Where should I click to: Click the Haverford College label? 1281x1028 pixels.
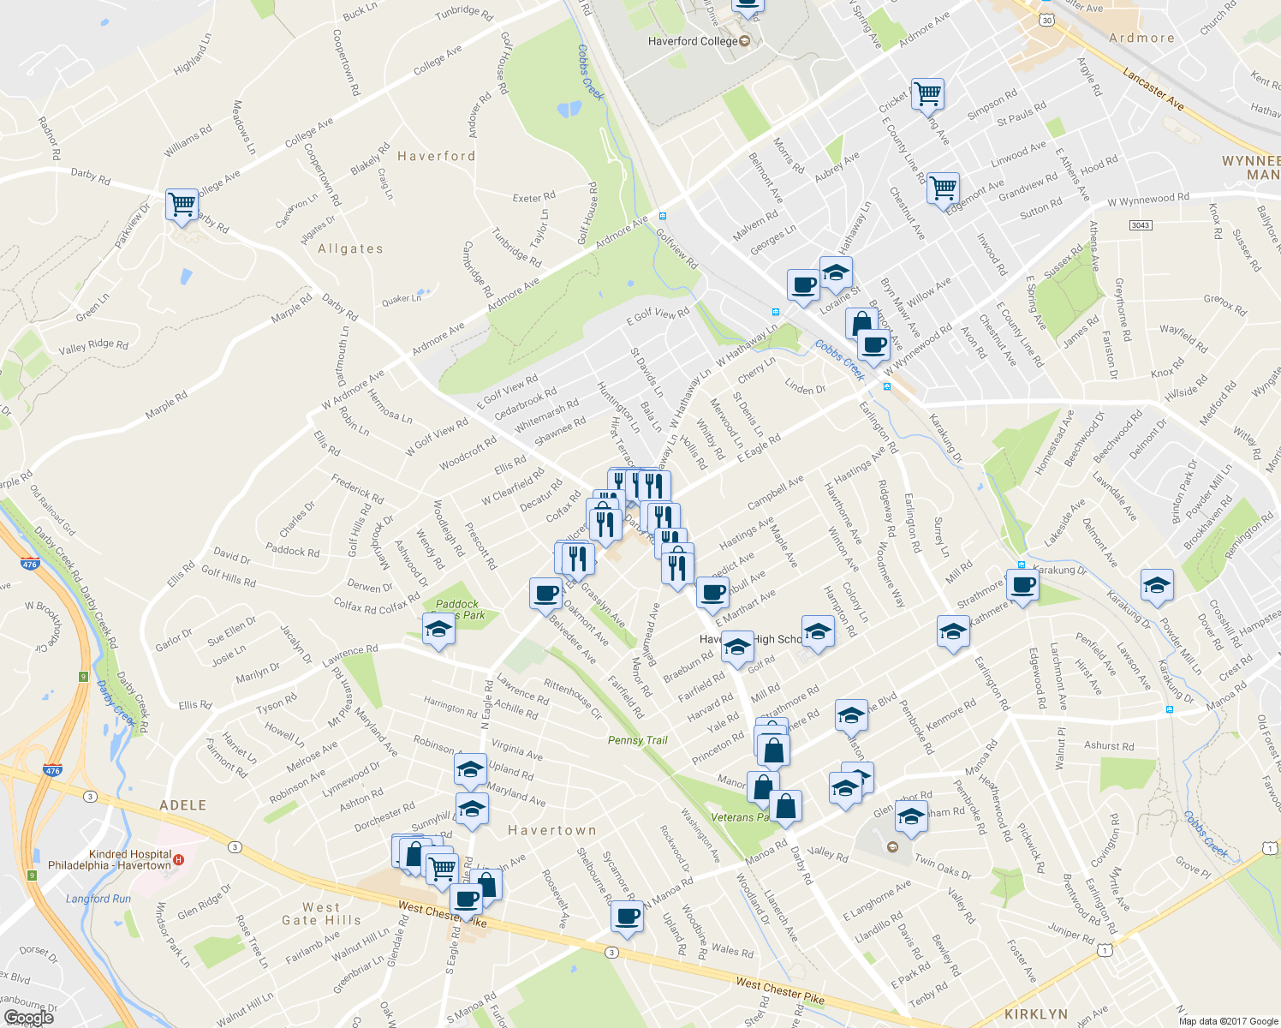(693, 41)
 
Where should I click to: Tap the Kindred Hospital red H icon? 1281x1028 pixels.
(178, 859)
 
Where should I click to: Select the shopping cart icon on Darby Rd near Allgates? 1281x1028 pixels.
(182, 206)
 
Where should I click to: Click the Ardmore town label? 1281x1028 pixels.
(1141, 39)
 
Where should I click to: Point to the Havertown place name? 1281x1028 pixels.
(551, 831)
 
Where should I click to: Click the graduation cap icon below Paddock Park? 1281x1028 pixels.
(438, 630)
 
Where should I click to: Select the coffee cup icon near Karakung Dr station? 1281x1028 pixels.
(1022, 586)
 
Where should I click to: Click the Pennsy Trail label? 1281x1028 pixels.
(637, 740)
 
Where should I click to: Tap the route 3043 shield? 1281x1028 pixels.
(1140, 225)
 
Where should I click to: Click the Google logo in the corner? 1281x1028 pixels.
(28, 1018)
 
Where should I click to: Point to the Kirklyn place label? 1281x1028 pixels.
(1035, 1014)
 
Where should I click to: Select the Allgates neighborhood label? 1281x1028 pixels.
(350, 249)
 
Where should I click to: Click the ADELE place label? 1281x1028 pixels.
(183, 805)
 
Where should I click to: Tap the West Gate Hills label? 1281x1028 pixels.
(321, 914)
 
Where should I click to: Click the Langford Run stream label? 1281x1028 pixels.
(98, 899)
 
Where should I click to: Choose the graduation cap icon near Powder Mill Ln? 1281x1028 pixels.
(1157, 586)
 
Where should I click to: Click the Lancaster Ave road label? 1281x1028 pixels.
(1153, 89)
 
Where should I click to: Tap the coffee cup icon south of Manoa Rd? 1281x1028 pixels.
(627, 917)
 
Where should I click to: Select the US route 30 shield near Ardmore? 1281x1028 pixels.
(1046, 20)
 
